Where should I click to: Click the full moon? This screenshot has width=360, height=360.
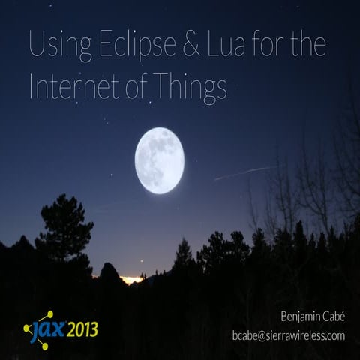pyautogui.click(x=160, y=160)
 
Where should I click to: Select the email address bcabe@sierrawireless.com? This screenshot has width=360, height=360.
pyautogui.click(x=288, y=335)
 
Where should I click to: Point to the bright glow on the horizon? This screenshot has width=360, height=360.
pyautogui.click(x=131, y=279)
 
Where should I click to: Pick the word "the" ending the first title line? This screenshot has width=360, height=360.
pyautogui.click(x=308, y=46)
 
